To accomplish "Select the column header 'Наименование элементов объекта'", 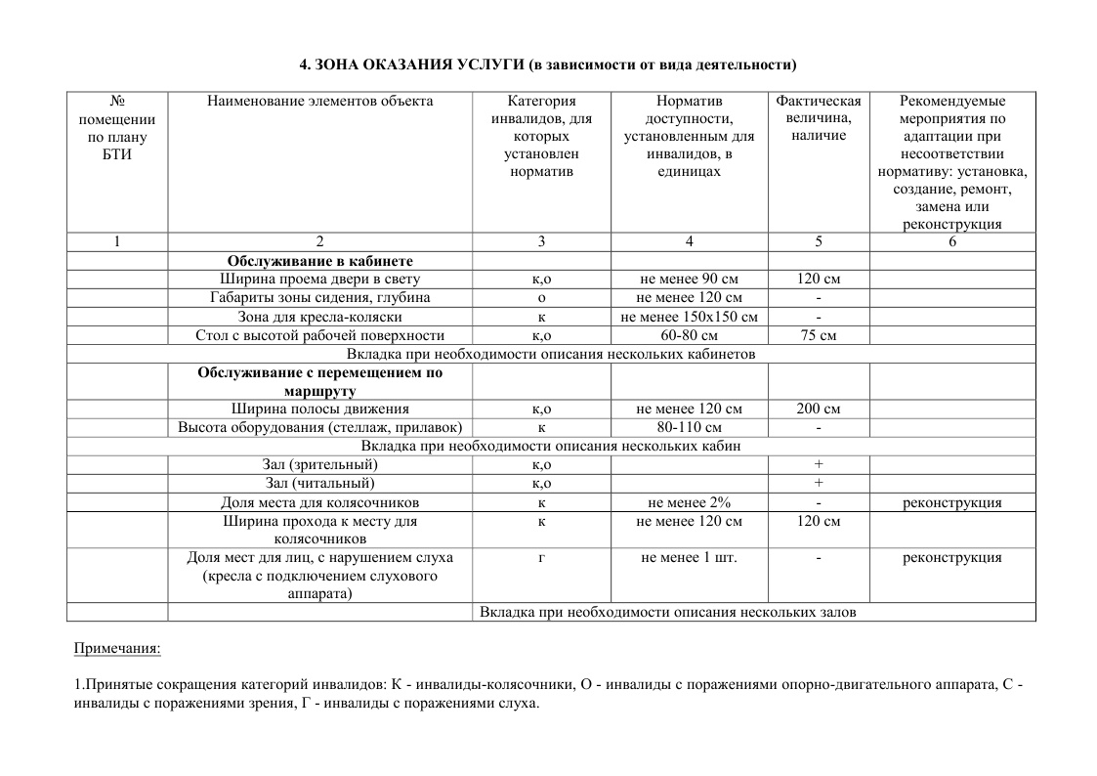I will [319, 101].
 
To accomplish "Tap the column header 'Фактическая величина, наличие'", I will [818, 117].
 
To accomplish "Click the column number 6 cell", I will [951, 241].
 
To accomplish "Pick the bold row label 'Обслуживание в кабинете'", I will [319, 261].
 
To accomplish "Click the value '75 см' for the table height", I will [818, 336].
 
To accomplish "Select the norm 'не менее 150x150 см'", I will [689, 317].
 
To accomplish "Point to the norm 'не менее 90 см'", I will [689, 280].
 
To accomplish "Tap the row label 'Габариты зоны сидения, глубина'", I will [319, 298].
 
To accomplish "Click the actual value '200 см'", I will [818, 410].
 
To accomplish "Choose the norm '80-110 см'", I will [689, 428].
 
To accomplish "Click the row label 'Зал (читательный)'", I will [319, 483].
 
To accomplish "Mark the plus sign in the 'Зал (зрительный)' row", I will [818, 464].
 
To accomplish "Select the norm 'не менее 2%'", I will [689, 502].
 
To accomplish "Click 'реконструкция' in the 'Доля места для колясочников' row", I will [951, 502].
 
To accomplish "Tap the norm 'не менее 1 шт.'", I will [689, 558].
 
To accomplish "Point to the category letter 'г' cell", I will [541, 558].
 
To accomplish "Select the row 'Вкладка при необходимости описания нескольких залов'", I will [668, 612].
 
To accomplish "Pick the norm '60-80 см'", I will [689, 336].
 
